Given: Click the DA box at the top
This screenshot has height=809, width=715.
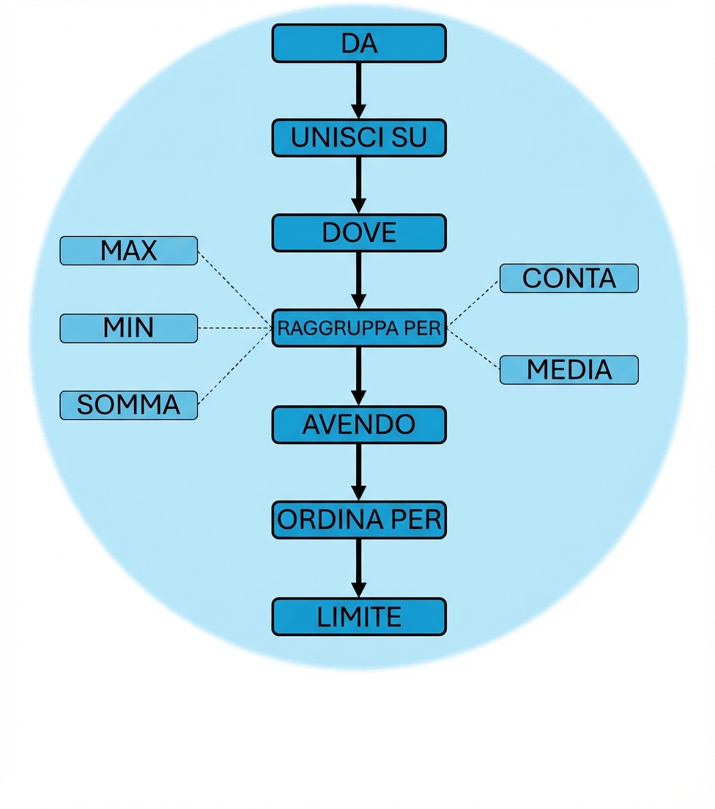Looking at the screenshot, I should pos(359,43).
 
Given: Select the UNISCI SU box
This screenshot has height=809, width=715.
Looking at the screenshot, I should pos(359,138).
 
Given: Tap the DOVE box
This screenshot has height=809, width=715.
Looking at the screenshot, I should pos(359,233).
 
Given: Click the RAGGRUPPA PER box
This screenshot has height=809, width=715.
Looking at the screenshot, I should pos(359,328).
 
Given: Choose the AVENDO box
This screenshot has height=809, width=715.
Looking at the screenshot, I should pos(359,424).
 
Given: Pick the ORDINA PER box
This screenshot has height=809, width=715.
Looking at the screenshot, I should pos(359,520).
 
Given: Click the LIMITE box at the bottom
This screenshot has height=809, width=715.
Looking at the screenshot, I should pos(359,616).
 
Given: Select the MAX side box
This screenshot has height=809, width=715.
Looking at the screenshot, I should pos(128,251).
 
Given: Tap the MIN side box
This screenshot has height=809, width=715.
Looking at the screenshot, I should pos(128,328).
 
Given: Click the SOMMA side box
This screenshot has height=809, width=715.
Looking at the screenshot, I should pos(128,404).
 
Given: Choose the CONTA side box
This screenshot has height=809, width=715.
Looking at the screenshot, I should pos(568,278).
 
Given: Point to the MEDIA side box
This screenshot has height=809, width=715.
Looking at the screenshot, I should pos(568,370).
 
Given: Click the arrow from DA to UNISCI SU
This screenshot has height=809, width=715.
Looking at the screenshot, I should pos(358,89).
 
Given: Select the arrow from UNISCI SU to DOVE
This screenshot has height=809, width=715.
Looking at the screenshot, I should pos(358,185).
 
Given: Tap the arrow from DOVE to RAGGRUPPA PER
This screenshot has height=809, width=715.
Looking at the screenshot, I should pos(358,279).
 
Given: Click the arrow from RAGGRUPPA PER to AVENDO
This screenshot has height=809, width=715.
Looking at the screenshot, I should pos(358,375).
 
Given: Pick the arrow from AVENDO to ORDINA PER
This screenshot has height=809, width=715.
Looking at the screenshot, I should pos(358,471).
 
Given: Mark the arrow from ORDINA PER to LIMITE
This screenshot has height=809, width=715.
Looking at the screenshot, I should pos(358,567).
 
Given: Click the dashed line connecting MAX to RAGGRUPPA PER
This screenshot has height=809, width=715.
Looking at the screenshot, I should pos(234,289).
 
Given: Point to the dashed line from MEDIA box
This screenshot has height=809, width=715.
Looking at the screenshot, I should pos(473,349).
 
